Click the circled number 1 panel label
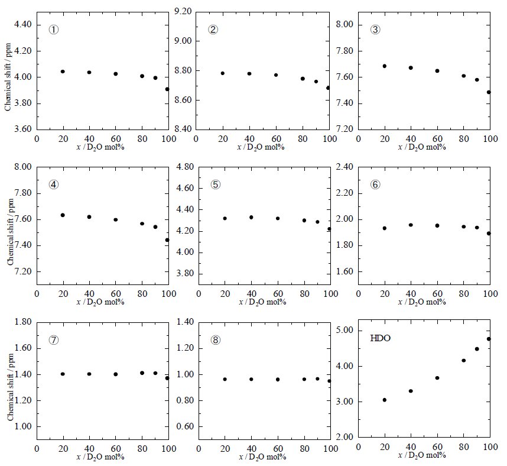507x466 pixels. coord(54,30)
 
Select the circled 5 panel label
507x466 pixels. coord(215,184)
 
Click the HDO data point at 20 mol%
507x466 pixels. coord(384,400)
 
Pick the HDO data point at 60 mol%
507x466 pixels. coord(437,378)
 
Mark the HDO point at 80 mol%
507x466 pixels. coord(463,360)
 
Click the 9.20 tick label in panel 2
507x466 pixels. coord(183,11)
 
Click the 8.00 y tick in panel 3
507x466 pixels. coord(344,24)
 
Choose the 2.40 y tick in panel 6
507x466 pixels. coord(344,167)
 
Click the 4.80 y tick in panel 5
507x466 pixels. coord(183,167)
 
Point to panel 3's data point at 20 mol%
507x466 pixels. coord(384,66)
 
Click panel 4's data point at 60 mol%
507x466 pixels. coord(116,219)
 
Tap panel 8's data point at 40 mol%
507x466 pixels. coord(251,379)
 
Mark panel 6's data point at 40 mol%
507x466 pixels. coord(410,225)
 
